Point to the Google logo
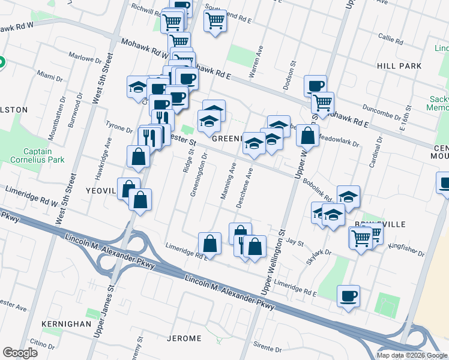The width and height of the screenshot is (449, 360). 20,353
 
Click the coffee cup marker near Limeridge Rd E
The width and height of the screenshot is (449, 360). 348,296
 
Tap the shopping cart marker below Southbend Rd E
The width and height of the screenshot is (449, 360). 215,21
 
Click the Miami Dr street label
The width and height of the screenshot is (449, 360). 50,78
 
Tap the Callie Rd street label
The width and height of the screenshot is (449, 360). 391,40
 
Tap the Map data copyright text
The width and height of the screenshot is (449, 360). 412,355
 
